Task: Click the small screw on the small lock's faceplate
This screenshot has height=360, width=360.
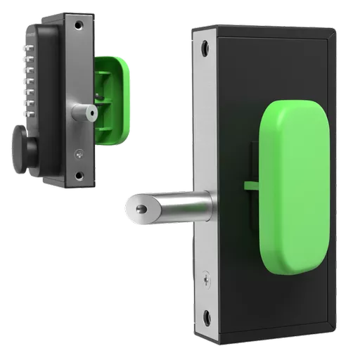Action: click(x=78, y=150)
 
